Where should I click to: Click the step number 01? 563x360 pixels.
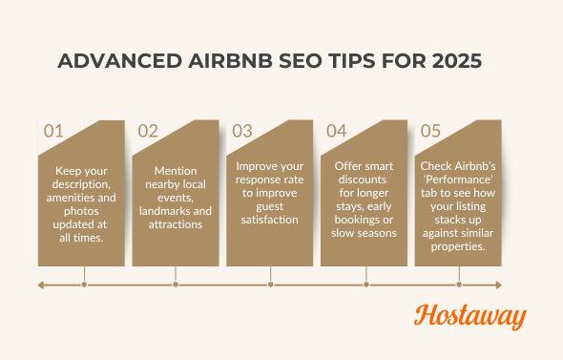pyautogui.click(x=53, y=132)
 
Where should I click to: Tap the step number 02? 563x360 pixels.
pyautogui.click(x=148, y=132)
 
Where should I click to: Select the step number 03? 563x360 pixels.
pyautogui.click(x=242, y=132)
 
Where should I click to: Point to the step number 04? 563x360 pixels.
pyautogui.click(x=337, y=132)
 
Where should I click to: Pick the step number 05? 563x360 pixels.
pyautogui.click(x=431, y=132)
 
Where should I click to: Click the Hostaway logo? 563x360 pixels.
pyautogui.click(x=469, y=317)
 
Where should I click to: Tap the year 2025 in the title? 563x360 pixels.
pyautogui.click(x=452, y=60)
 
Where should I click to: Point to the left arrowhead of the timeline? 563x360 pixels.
pyautogui.click(x=41, y=284)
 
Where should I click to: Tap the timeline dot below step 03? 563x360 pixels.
pyautogui.click(x=272, y=284)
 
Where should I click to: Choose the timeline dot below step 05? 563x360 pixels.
pyautogui.click(x=460, y=284)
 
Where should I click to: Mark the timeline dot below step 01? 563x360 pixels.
pyautogui.click(x=85, y=284)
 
